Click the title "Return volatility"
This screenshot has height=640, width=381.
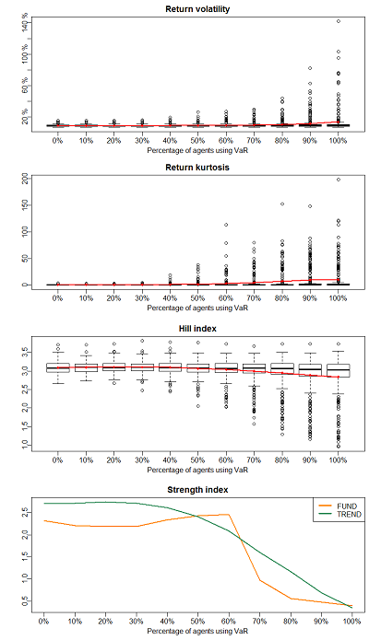coord(197,9)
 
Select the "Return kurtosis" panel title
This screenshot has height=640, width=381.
coord(197,168)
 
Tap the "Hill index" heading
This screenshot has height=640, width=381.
coord(197,329)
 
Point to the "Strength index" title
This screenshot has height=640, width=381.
coord(197,490)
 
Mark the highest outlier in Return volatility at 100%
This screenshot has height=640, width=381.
coord(339,21)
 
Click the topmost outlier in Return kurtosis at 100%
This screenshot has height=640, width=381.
coord(339,180)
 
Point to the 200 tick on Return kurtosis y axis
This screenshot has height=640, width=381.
coord(25,179)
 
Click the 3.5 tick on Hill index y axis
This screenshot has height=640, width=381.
coord(25,352)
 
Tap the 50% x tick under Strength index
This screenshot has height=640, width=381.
coord(197,622)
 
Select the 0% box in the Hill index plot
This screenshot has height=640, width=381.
coord(58,367)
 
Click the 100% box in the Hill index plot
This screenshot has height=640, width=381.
coord(339,370)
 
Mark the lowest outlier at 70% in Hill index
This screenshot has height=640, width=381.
coord(254,424)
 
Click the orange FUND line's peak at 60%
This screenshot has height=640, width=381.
coord(229,515)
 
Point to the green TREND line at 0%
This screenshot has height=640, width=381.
coord(43,504)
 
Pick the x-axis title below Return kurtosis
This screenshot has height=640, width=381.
coord(197,308)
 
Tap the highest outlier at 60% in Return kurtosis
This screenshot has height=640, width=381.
coord(226,225)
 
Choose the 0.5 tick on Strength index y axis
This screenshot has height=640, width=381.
coord(25,600)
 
